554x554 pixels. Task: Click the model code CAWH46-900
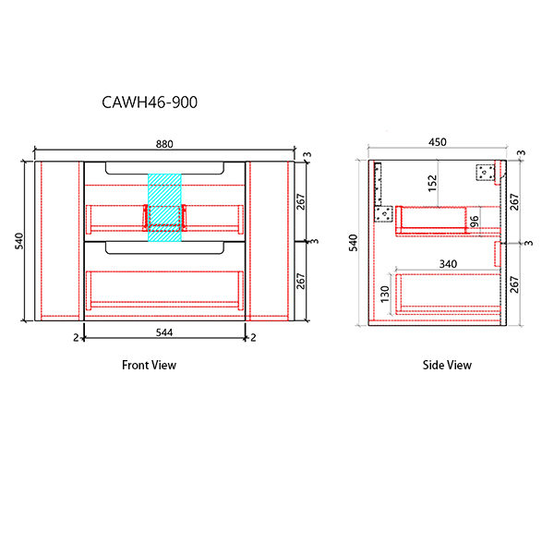tap(150, 102)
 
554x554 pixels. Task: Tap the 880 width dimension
tap(164, 144)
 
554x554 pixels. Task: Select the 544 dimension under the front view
tap(164, 332)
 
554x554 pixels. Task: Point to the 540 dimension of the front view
tap(19, 241)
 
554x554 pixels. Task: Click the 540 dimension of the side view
tap(354, 243)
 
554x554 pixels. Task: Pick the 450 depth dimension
tap(438, 142)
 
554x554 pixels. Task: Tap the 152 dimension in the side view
tap(432, 184)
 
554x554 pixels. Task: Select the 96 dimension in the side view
tap(475, 222)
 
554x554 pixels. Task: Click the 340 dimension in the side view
tap(448, 264)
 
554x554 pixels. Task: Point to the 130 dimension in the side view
tap(385, 294)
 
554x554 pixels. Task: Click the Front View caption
tap(149, 365)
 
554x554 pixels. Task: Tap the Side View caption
tap(447, 365)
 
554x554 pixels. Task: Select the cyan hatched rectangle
tap(164, 208)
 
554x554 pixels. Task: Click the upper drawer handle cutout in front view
tap(164, 168)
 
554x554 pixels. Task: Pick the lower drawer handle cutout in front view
tap(164, 247)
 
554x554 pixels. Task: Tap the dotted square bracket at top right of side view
tap(485, 173)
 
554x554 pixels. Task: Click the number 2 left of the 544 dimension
tap(76, 338)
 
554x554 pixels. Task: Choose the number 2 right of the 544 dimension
tap(253, 338)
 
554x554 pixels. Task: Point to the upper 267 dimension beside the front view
tap(300, 201)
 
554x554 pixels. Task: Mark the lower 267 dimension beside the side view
tap(514, 284)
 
